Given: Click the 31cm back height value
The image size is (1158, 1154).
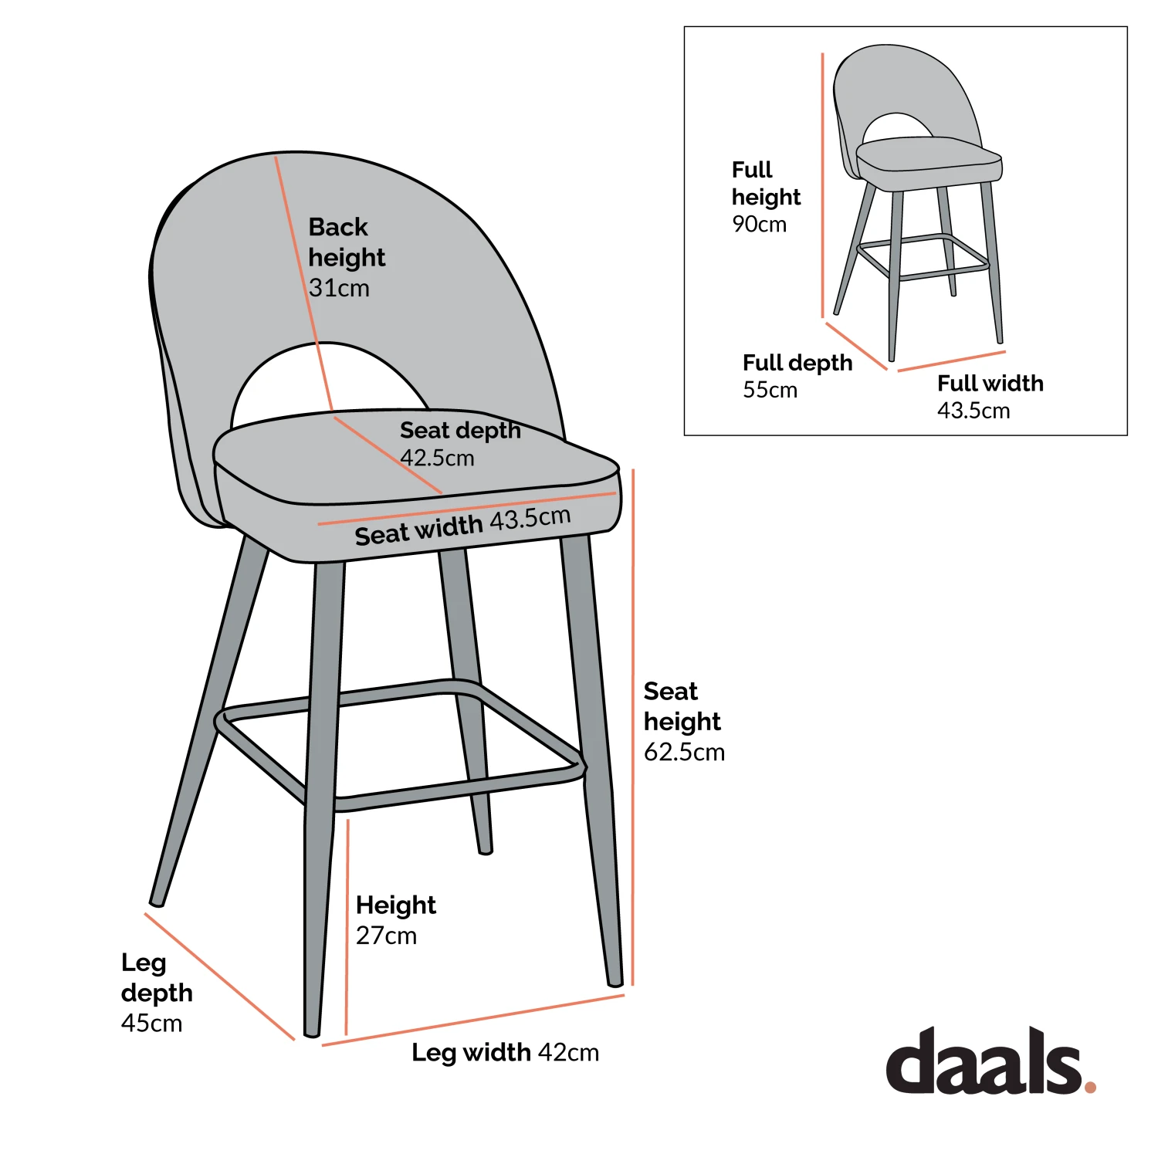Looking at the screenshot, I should pyautogui.click(x=339, y=289).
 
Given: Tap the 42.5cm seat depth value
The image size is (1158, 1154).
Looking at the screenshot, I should pyautogui.click(x=437, y=458).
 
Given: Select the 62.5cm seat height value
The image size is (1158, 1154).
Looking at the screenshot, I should pyautogui.click(x=684, y=752).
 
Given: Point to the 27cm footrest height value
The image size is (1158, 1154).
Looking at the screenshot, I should pyautogui.click(x=386, y=936).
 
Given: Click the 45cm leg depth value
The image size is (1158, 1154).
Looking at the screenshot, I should pyautogui.click(x=152, y=1024).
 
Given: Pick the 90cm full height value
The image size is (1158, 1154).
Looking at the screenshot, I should pyautogui.click(x=759, y=225).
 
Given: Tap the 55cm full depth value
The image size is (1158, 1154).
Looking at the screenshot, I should pyautogui.click(x=770, y=390).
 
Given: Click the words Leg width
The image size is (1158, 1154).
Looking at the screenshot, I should pyautogui.click(x=471, y=1052).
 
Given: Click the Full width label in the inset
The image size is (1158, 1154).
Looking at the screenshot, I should pyautogui.click(x=990, y=384).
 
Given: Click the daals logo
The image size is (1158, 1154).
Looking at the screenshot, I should pyautogui.click(x=984, y=1061).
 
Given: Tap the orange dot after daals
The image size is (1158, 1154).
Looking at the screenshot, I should pyautogui.click(x=1090, y=1087).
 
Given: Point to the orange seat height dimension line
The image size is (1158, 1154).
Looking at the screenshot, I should pyautogui.click(x=633, y=726).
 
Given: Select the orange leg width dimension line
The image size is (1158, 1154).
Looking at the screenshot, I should pyautogui.click(x=472, y=1020).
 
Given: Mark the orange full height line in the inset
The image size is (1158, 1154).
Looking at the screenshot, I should pyautogui.click(x=823, y=185).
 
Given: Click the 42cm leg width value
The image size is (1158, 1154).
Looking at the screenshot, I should pyautogui.click(x=568, y=1052).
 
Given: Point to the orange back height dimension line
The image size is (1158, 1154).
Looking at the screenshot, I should pyautogui.click(x=301, y=278).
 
